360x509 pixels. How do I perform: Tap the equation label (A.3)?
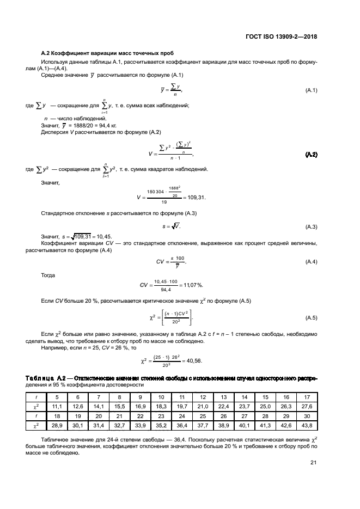(311, 226)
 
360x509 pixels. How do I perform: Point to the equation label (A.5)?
(311, 317)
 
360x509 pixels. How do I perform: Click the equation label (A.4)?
(311, 262)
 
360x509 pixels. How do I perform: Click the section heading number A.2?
(46, 53)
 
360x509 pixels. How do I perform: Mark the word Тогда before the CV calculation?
(48, 275)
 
